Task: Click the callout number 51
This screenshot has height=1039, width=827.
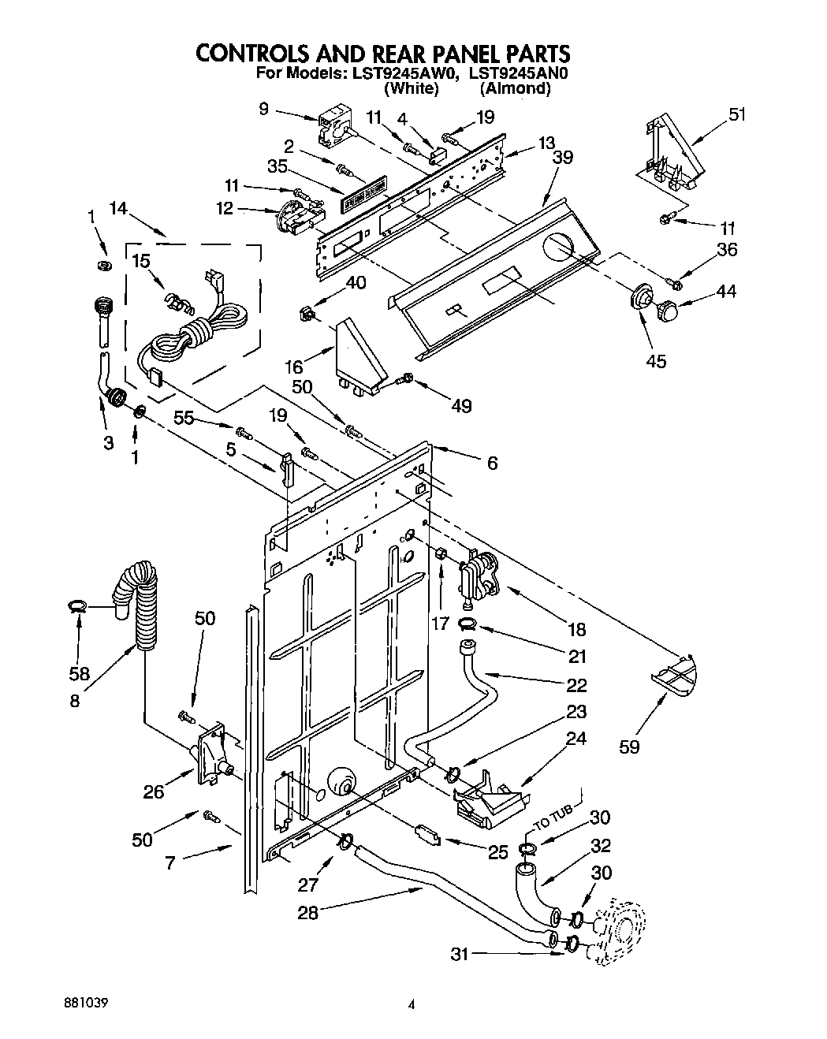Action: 736,115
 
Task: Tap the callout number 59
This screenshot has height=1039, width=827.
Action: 629,746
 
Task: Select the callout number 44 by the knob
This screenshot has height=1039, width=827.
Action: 726,291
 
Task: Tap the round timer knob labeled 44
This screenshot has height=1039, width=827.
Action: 668,311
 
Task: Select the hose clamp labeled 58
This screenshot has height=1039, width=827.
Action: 76,605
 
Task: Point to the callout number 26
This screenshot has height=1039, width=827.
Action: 153,791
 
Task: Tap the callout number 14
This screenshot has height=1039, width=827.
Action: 117,208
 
